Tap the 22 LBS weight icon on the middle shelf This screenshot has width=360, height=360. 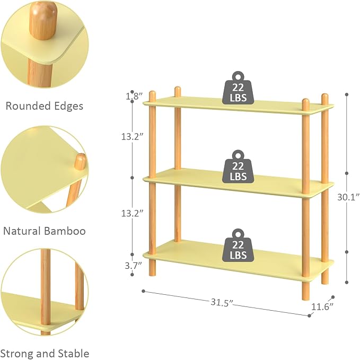[238, 166]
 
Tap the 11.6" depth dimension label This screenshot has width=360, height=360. [322, 307]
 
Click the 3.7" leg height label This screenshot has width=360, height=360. [134, 266]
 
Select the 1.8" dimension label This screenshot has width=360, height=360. [134, 96]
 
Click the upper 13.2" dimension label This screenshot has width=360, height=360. [133, 137]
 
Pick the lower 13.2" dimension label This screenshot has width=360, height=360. [133, 214]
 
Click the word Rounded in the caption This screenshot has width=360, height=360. [28, 106]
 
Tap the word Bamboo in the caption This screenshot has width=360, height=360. [65, 231]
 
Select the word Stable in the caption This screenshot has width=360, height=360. [73, 354]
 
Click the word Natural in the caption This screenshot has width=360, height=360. [22, 231]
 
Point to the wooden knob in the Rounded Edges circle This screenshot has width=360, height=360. [43, 20]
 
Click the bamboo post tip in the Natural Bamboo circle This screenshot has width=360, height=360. [80, 161]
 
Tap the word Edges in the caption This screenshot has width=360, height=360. [68, 107]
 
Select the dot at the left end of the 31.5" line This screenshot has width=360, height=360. [144, 291]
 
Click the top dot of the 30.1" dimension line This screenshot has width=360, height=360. [347, 94]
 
